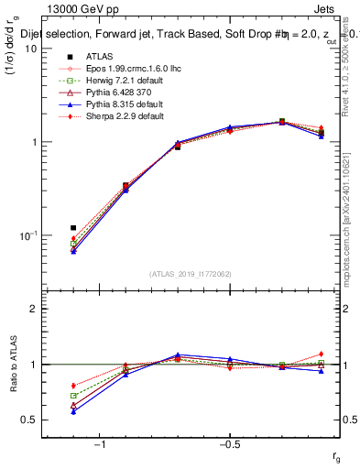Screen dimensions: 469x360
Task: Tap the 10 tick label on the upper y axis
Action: [x=31, y=49]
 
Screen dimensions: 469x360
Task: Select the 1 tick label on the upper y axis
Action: [x=34, y=142]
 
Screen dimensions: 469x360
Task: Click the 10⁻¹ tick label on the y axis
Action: [x=29, y=235]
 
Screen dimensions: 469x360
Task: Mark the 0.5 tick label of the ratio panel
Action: [x=30, y=420]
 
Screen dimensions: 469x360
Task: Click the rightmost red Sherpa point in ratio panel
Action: [x=321, y=354]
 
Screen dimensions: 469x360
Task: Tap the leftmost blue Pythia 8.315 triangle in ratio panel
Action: [x=73, y=411]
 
